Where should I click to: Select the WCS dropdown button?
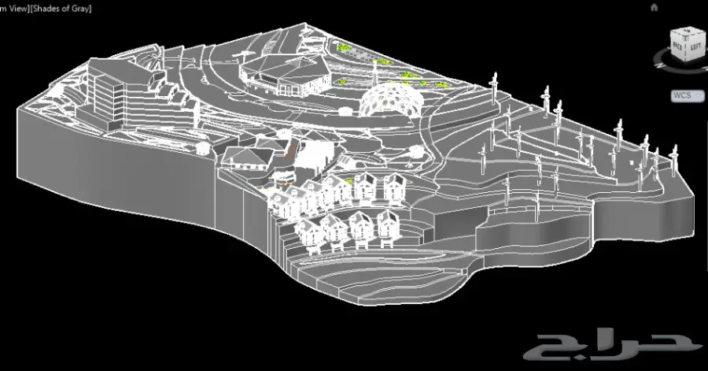(x=686, y=95)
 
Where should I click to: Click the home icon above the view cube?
(x=655, y=7)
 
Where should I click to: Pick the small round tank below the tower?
(x=203, y=150)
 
